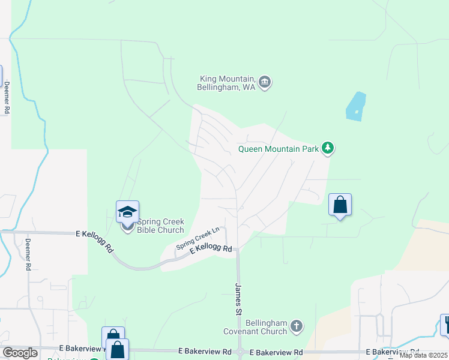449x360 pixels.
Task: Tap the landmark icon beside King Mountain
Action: pyautogui.click(x=265, y=82)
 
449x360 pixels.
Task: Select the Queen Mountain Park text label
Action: pyautogui.click(x=278, y=149)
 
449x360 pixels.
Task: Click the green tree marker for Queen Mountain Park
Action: pyautogui.click(x=327, y=148)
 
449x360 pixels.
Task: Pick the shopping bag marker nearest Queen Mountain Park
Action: pyautogui.click(x=340, y=205)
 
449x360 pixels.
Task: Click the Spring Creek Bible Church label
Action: pyautogui.click(x=160, y=226)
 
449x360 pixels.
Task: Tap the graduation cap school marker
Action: pyautogui.click(x=127, y=211)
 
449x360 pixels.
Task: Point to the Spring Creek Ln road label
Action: pyautogui.click(x=198, y=238)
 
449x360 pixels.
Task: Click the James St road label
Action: pyautogui.click(x=238, y=300)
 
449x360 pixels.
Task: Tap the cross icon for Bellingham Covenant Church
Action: pyautogui.click(x=295, y=326)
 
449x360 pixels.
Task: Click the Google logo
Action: pyautogui.click(x=19, y=353)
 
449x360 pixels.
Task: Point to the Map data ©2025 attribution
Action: pyautogui.click(x=424, y=355)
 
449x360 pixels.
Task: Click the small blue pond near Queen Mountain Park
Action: pyautogui.click(x=356, y=107)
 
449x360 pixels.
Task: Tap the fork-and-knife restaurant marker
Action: pyautogui.click(x=445, y=325)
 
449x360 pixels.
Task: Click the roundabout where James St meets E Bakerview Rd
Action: pyautogui.click(x=240, y=352)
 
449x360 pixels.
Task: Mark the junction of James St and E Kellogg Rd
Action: pyautogui.click(x=238, y=249)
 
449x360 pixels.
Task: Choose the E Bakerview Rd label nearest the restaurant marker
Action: pyautogui.click(x=393, y=352)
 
